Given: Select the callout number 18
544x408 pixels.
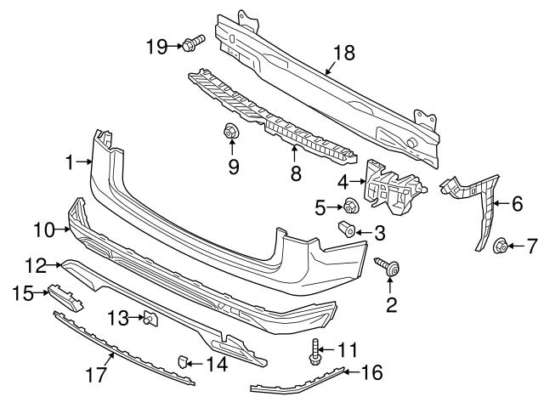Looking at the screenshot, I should pos(343,53).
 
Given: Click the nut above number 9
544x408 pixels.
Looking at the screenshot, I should pos(229,132).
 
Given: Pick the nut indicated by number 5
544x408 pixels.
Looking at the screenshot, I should pos(349,205).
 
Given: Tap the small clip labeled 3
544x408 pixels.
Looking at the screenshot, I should pos(346,230).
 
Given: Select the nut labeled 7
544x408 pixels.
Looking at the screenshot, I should pos(501,246).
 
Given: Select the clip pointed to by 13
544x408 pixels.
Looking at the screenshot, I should pos(150,319).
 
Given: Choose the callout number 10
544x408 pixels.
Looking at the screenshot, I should pos(42,229).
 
